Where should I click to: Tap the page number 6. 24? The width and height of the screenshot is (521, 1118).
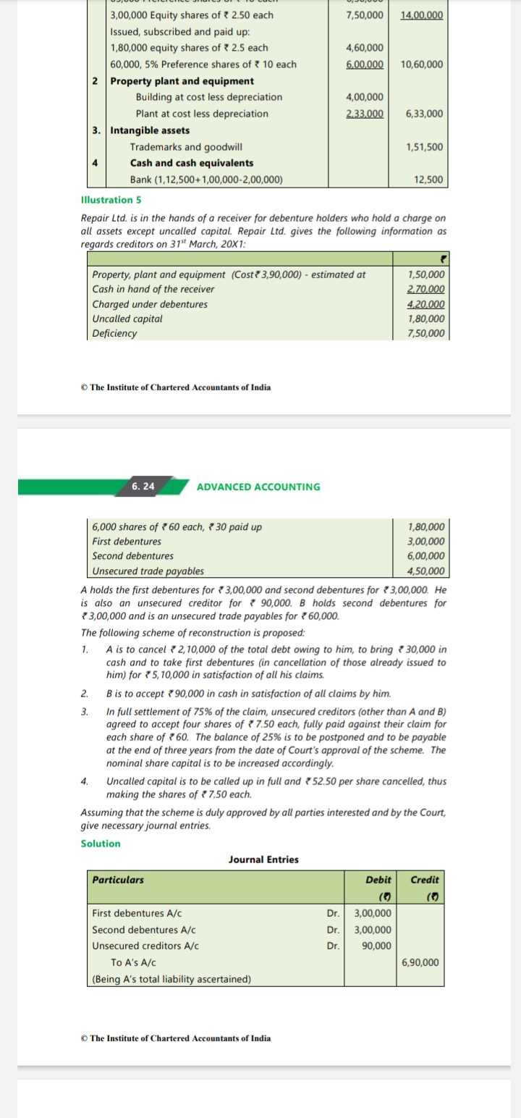[x=143, y=486]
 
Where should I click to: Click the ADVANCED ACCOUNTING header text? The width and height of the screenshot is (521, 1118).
[x=258, y=487]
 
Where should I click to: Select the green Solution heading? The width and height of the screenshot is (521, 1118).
[x=101, y=844]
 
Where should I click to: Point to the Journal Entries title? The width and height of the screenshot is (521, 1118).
[x=263, y=859]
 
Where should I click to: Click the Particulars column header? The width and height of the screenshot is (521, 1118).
[x=118, y=880]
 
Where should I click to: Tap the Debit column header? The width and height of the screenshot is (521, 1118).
[x=378, y=880]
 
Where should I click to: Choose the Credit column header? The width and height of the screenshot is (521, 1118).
[x=424, y=880]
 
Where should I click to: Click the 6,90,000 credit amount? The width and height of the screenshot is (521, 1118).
[x=420, y=962]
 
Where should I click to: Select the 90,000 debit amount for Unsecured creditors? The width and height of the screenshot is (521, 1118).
[x=376, y=946]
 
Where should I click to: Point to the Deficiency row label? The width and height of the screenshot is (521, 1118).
[x=114, y=334]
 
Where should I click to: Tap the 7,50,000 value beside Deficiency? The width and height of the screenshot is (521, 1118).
[x=426, y=334]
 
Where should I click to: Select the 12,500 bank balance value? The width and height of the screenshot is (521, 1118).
[x=429, y=180]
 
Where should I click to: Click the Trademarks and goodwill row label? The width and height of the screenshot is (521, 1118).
[x=186, y=147]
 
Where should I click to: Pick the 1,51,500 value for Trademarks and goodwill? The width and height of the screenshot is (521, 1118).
[x=425, y=147]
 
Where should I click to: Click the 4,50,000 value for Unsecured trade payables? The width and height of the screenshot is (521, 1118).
[x=426, y=571]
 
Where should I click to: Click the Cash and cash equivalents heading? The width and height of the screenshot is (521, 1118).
[x=192, y=163]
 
